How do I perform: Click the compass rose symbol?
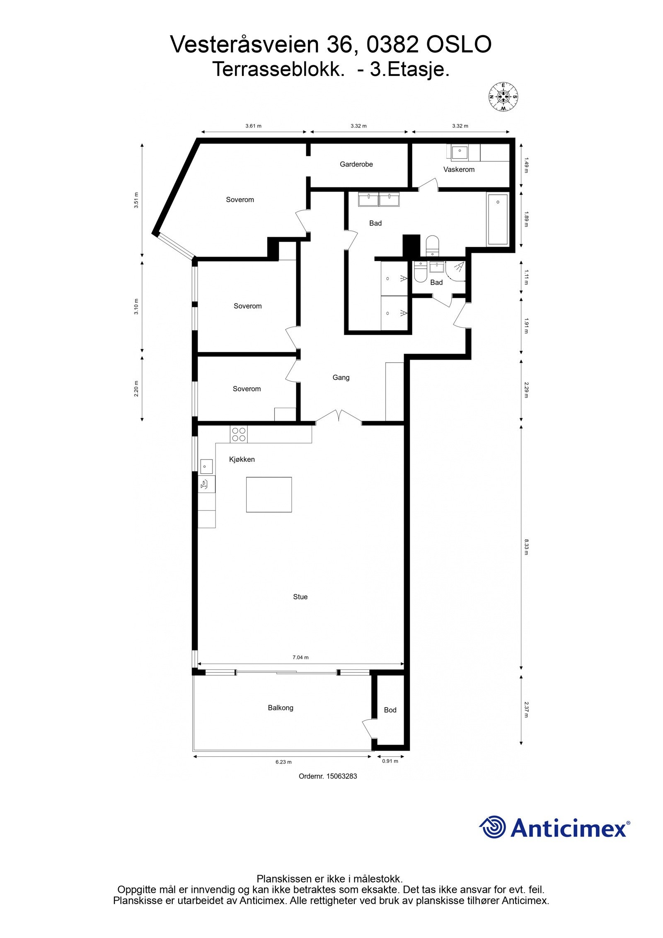[x=503, y=97]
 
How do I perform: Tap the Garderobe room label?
[x=356, y=164]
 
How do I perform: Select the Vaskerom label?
[x=459, y=170]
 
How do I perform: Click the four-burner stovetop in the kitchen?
[x=239, y=434]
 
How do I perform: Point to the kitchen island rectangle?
[x=269, y=494]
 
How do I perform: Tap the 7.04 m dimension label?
[x=300, y=657]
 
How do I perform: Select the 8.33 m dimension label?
[x=526, y=547]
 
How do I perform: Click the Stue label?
[x=300, y=597]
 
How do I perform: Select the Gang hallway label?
[x=341, y=378]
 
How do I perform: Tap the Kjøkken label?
[x=242, y=459]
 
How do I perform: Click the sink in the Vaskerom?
[x=459, y=152]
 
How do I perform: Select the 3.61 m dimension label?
[x=253, y=126]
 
